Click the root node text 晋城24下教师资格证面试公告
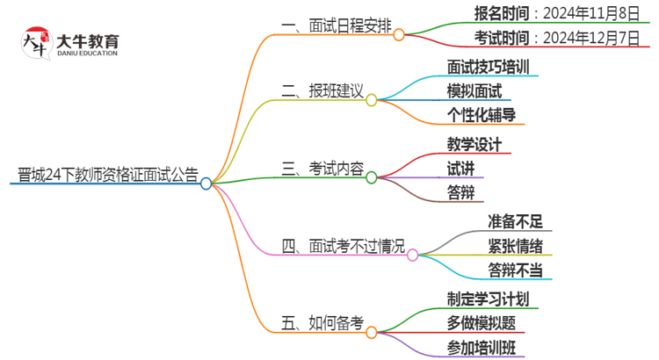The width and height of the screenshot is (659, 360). [x=104, y=173]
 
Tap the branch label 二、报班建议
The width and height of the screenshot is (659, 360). [x=322, y=90]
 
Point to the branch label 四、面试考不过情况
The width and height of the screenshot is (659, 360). [x=344, y=248]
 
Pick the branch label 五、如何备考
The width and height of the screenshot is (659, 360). [x=322, y=322]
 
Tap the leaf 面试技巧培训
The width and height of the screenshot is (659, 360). [x=488, y=66]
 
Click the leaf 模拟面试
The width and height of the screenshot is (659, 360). [x=474, y=90]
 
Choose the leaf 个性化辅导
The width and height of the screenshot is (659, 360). [x=481, y=115]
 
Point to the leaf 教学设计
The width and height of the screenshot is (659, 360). [x=474, y=143]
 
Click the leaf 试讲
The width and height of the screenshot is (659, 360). [x=460, y=168]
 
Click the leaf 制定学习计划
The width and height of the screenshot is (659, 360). [x=488, y=298]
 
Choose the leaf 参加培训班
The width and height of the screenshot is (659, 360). [x=481, y=347]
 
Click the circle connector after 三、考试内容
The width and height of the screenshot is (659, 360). [x=372, y=178]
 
